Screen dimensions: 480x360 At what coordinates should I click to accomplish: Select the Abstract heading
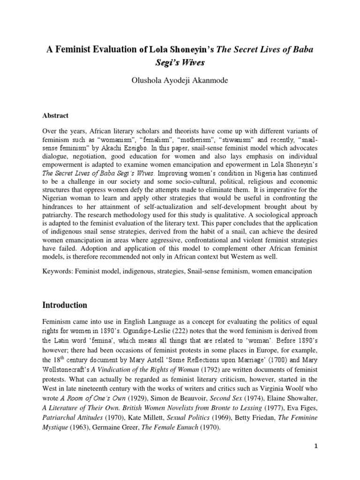56,115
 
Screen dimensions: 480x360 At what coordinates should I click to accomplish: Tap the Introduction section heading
65,305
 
